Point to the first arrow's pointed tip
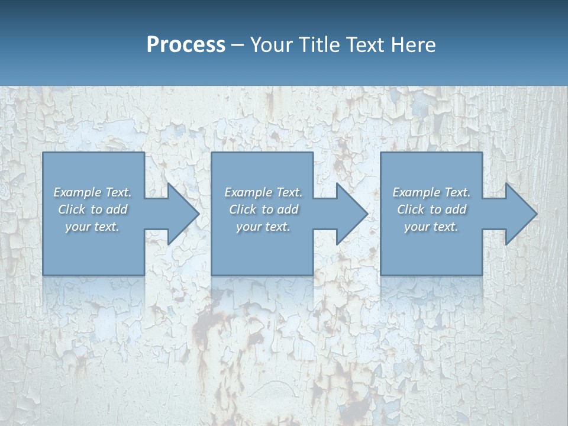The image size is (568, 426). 199,214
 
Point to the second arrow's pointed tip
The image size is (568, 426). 367,214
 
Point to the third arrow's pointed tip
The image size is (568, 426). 537,214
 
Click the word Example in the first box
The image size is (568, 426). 78,192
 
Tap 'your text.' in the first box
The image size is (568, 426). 92,227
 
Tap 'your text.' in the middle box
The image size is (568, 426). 263,227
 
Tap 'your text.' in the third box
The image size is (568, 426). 431,227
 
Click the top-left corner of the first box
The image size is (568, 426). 43,153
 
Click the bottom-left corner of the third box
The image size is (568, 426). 381,275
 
